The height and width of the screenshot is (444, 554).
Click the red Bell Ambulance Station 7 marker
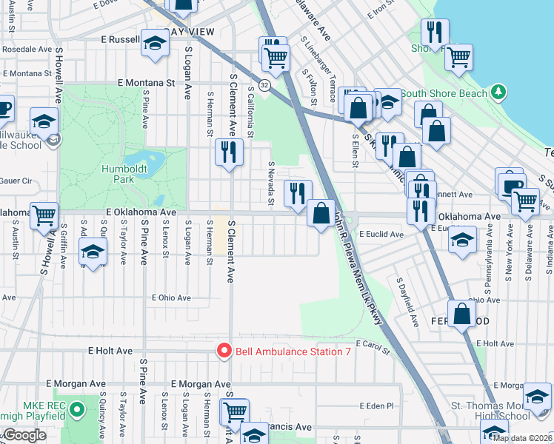pyautogui.click(x=223, y=351)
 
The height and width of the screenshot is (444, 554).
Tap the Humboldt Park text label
pyautogui.click(x=118, y=173)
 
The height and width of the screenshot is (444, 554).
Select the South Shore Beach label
pyautogui.click(x=444, y=93)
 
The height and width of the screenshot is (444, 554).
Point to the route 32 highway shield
pyautogui.click(x=264, y=84)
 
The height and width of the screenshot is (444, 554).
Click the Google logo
pyautogui.click(x=24, y=435)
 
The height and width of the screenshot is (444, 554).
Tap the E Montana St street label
pyautogui.click(x=144, y=83)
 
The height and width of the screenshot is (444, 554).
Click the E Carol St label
pyautogui.click(x=372, y=344)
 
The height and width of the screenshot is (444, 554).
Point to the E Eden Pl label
pyautogui.click(x=376, y=406)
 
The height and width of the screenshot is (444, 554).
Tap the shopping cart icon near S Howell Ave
pyautogui.click(x=44, y=215)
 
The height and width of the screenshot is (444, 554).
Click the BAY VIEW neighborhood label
pyautogui.click(x=190, y=32)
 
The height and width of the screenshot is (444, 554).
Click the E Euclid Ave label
pyautogui.click(x=381, y=234)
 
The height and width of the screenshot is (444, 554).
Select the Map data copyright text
pyautogui.click(x=521, y=437)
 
